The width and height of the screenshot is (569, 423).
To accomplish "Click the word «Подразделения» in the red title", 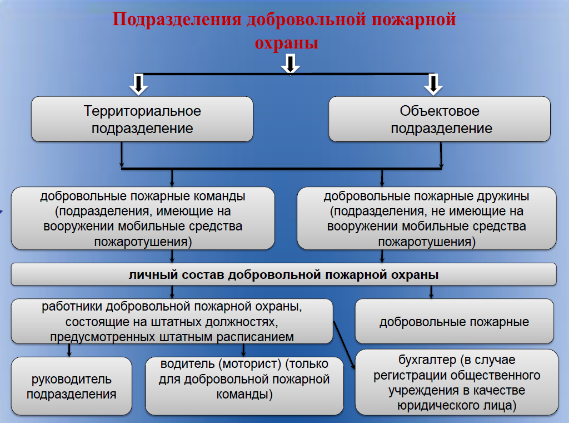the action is pyautogui.click(x=177, y=20).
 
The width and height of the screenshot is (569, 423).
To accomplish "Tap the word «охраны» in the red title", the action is pyautogui.click(x=286, y=43).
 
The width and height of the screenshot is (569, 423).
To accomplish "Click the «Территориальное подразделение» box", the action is pyautogui.click(x=142, y=119).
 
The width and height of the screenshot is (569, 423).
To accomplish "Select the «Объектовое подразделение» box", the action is pyautogui.click(x=440, y=119).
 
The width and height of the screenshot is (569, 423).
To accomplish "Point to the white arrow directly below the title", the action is pyautogui.click(x=290, y=64).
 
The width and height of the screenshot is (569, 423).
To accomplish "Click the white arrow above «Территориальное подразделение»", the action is pyautogui.click(x=138, y=85).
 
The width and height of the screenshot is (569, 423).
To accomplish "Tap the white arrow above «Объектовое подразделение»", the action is pyautogui.click(x=433, y=85).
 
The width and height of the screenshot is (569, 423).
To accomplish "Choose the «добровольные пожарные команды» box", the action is pyautogui.click(x=143, y=218).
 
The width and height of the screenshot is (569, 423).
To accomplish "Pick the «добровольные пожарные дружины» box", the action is pyautogui.click(x=427, y=218).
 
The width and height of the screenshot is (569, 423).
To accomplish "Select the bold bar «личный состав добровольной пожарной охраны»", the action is pyautogui.click(x=284, y=274).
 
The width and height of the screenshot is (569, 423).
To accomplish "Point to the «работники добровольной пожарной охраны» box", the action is pyautogui.click(x=172, y=321).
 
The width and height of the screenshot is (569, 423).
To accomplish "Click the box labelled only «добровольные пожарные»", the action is pyautogui.click(x=455, y=321).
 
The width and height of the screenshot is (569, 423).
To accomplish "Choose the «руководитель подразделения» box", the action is pyautogui.click(x=72, y=386).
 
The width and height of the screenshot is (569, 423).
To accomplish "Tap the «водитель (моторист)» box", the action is pyautogui.click(x=244, y=386).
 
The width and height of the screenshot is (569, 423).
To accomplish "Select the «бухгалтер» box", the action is pyautogui.click(x=457, y=382).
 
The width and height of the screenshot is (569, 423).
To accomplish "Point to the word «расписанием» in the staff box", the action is pyautogui.click(x=255, y=337).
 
